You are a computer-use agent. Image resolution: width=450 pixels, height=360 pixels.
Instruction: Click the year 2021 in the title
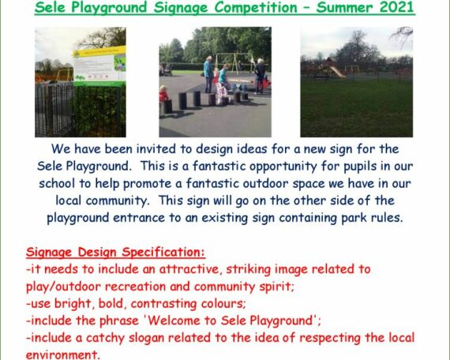[x=397, y=7]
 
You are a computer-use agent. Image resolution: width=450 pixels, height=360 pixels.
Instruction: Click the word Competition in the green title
[x=256, y=8]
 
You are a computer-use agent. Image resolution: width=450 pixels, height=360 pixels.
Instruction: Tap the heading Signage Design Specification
[x=115, y=253]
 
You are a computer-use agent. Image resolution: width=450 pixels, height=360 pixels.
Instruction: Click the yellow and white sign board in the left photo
[x=99, y=66]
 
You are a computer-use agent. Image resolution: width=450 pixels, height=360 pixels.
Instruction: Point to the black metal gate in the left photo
[x=54, y=109]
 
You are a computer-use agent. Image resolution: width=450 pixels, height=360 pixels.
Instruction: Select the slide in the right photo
[x=336, y=72]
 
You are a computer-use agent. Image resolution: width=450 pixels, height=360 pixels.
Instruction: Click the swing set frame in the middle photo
[x=234, y=62]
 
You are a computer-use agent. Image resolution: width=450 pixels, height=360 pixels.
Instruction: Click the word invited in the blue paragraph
[x=156, y=149]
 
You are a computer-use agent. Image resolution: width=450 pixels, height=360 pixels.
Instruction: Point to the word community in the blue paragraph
[x=118, y=201]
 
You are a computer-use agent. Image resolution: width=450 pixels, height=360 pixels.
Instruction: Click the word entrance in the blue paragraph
[x=139, y=218]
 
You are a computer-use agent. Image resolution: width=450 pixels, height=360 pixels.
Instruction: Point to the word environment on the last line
[x=63, y=354]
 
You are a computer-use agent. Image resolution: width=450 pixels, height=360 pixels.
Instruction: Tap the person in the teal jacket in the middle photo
[x=208, y=74]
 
